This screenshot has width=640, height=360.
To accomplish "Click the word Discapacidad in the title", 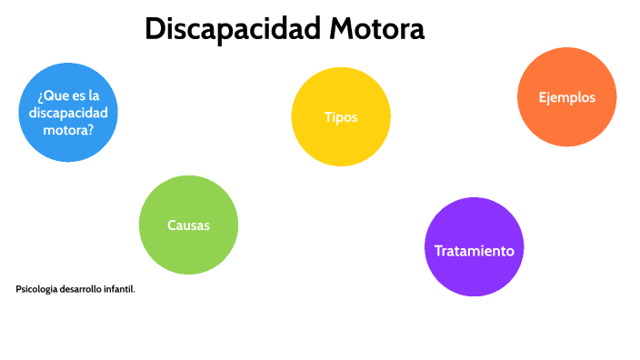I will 232,29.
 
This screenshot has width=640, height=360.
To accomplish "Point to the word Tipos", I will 341,117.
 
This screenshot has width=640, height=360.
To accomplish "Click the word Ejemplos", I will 566,97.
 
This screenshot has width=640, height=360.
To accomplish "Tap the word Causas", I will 188,225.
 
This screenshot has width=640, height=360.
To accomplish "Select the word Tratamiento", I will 475,251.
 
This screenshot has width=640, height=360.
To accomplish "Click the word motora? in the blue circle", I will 68,130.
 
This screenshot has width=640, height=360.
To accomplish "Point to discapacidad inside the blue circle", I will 68,113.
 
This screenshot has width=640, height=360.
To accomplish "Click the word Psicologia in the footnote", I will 35,289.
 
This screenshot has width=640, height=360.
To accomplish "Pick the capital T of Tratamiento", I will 438,251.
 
